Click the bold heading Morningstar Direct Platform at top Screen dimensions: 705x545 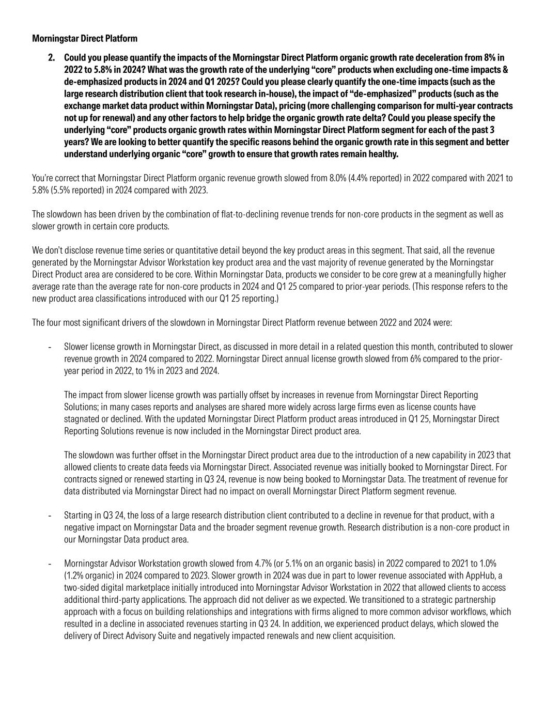tap(85, 38)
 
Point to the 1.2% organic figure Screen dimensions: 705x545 tap(75, 575)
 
